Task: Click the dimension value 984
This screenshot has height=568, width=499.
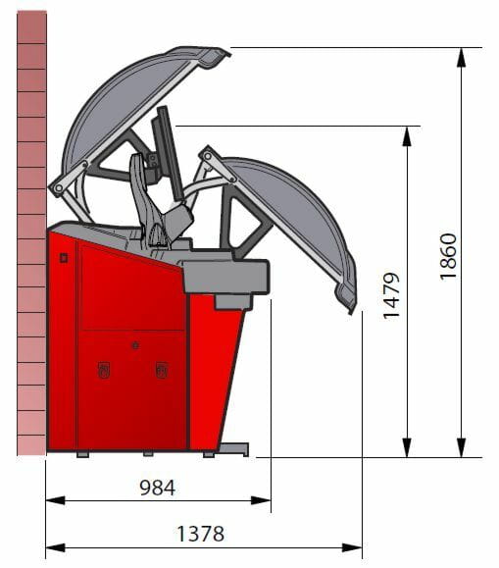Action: click(x=157, y=488)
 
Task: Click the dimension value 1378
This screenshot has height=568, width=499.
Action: click(x=200, y=534)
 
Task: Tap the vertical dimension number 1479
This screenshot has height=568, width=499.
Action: click(x=391, y=296)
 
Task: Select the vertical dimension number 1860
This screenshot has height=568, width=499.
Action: click(x=449, y=256)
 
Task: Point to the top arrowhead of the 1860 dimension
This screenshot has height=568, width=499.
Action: click(x=461, y=57)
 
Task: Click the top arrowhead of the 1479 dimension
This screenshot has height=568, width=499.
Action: click(x=407, y=136)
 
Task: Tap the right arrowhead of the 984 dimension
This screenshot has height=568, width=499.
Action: click(x=261, y=500)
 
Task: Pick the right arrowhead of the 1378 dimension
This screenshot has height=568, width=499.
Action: click(x=352, y=547)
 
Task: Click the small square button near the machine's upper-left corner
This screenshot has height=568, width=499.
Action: click(x=64, y=258)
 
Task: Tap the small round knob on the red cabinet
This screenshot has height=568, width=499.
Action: click(x=135, y=345)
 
